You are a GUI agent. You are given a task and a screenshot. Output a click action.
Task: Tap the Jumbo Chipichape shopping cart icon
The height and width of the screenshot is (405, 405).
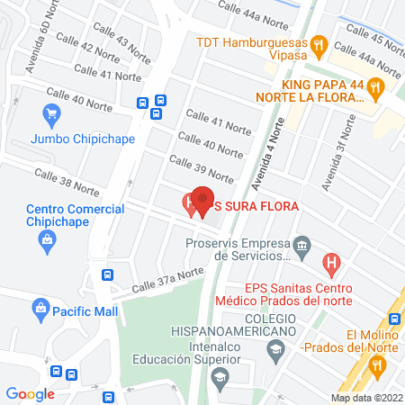[x=51, y=115]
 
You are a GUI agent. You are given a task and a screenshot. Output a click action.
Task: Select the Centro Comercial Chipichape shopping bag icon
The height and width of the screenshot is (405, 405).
[x=46, y=239]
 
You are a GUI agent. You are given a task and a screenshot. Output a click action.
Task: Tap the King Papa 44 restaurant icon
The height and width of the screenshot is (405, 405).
[x=377, y=86]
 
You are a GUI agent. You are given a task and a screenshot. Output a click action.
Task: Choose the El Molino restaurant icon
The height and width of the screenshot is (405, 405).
[x=377, y=364]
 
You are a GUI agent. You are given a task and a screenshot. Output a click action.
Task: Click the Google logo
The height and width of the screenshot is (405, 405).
[x=31, y=393]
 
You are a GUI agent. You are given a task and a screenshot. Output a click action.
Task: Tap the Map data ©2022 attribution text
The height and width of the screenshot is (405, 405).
[x=364, y=397]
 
